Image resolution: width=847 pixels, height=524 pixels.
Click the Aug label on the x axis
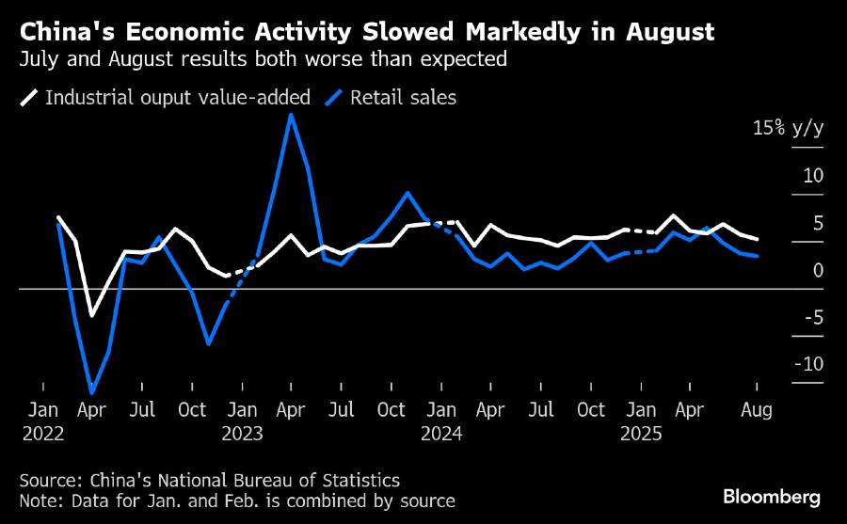tap(758, 410)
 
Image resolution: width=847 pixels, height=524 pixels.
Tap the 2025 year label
tap(642, 434)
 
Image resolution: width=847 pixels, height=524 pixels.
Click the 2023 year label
tap(243, 434)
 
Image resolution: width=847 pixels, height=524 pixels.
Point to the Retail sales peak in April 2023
tap(292, 115)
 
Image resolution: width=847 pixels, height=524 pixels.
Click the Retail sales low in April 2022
tap(92, 392)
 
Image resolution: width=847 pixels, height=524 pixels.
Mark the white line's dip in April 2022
tap(92, 315)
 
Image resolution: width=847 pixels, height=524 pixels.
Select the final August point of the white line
tap(758, 240)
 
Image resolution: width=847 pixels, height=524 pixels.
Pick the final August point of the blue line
tap(758, 256)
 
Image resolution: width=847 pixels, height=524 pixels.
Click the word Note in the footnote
tap(39, 501)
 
